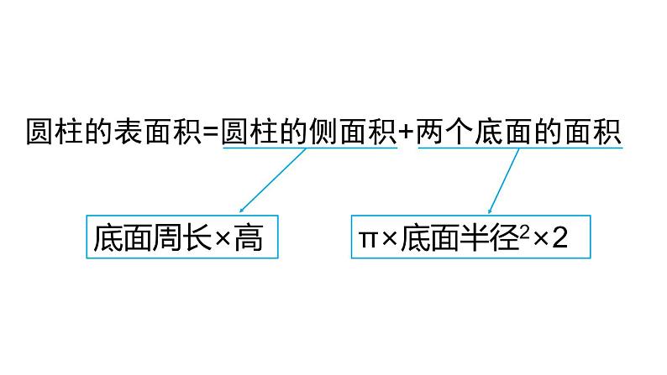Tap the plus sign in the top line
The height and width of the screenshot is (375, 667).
[407, 133]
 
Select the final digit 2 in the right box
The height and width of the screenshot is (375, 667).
[562, 240]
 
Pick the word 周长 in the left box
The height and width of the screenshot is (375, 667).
[181, 240]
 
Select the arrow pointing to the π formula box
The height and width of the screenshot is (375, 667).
[503, 181]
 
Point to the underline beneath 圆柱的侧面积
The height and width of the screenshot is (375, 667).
[310, 149]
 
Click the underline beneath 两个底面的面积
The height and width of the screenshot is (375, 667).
[520, 149]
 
